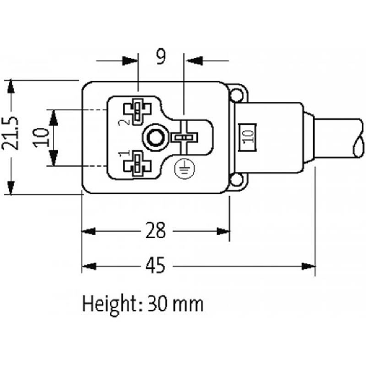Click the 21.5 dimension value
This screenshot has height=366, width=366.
10,133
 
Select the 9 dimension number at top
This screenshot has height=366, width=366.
161,57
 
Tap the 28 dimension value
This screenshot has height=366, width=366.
155,230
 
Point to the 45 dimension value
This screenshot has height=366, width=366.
155,265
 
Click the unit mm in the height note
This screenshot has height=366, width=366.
188,306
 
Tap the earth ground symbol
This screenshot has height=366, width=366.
185,169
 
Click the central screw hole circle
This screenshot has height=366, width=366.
155,137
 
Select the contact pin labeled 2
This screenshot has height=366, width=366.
137,111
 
